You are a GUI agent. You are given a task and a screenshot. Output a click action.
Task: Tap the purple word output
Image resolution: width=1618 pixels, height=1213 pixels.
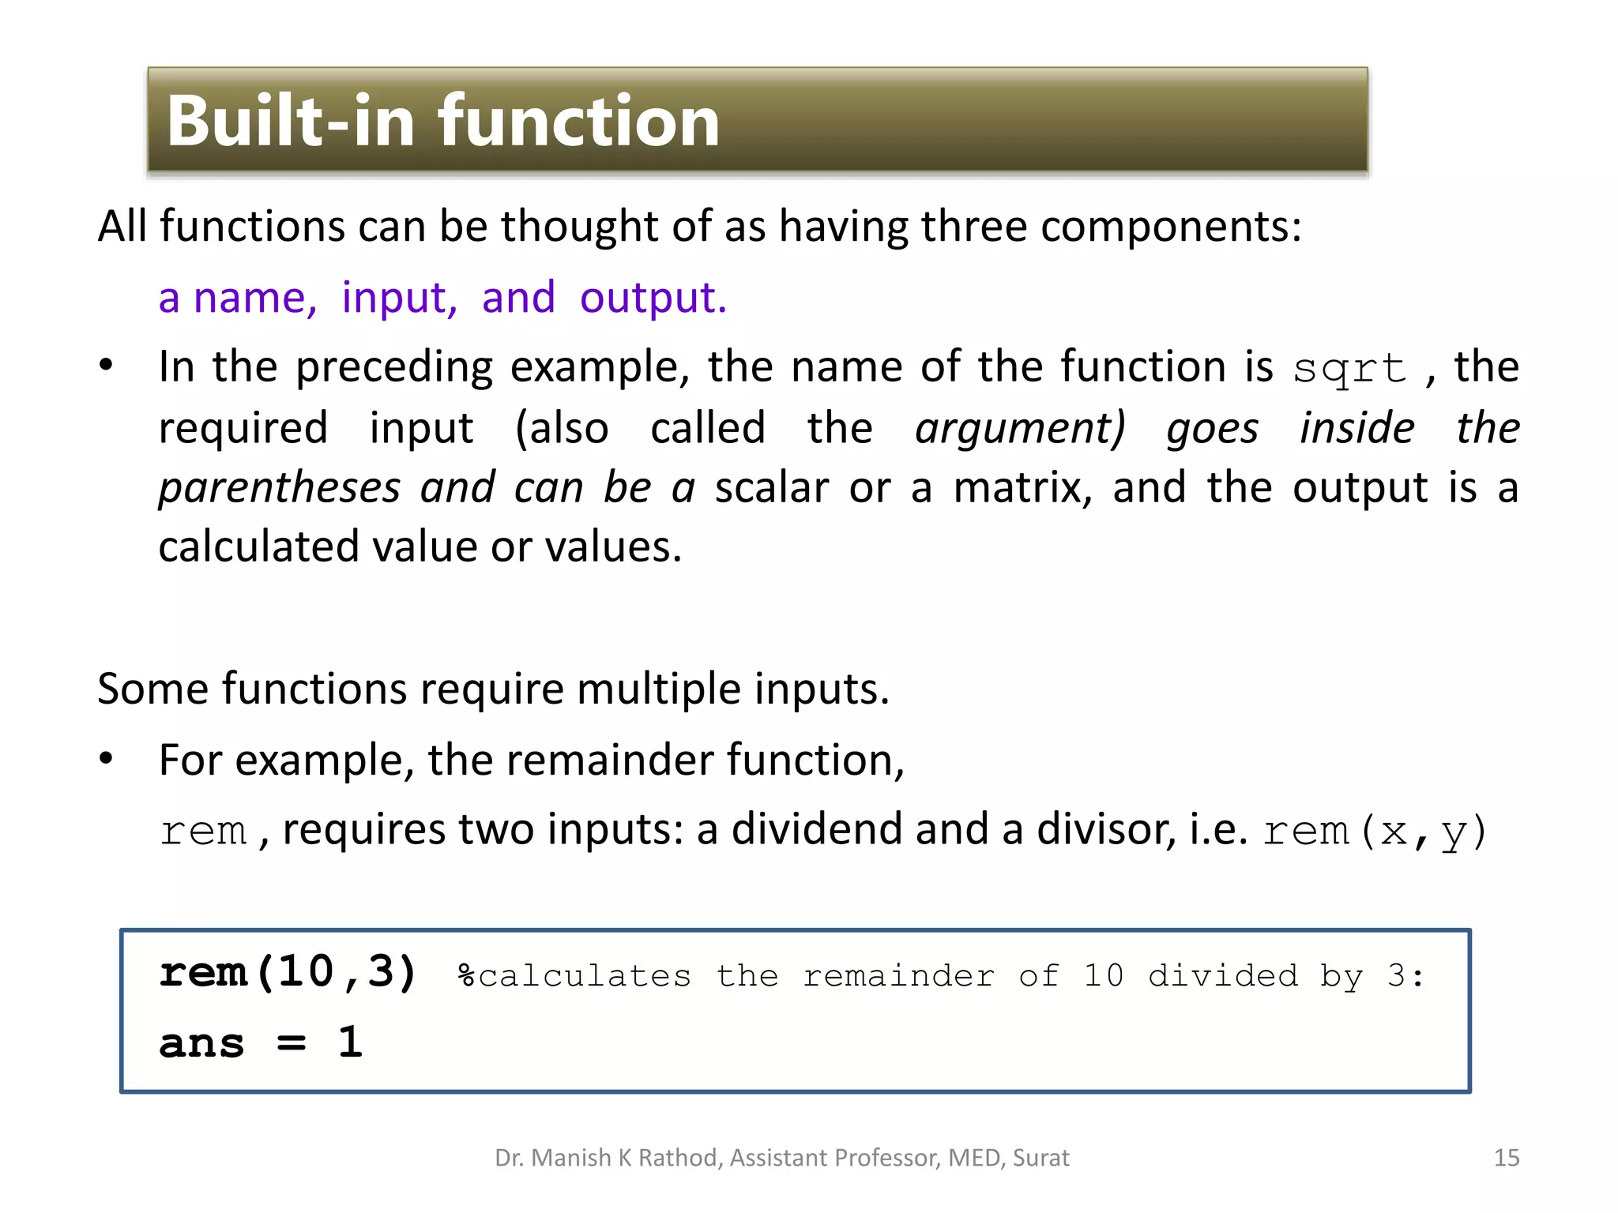653,298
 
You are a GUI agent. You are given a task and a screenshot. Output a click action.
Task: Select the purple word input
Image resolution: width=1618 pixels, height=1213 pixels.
399,298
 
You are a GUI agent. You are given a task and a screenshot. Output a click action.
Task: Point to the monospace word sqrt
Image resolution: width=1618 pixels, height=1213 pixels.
1349,368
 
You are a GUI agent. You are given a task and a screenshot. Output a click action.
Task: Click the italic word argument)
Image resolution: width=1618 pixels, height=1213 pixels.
1020,428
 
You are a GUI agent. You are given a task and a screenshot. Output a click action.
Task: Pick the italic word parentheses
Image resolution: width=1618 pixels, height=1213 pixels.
279,487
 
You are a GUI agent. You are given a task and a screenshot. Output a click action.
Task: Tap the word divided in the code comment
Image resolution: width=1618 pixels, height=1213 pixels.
1223,976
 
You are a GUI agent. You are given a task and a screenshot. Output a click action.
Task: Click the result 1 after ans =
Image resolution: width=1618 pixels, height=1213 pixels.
350,1042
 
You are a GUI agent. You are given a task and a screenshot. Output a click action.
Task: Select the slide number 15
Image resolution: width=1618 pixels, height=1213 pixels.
1507,1158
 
